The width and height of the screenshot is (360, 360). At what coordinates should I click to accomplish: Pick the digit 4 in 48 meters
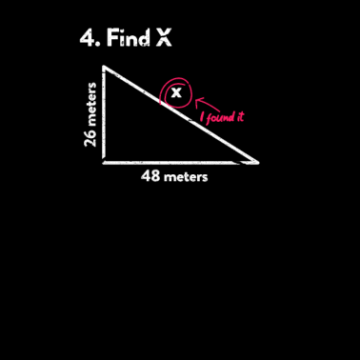coord(147,176)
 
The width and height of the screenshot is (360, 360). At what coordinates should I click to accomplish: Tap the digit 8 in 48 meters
coord(155,176)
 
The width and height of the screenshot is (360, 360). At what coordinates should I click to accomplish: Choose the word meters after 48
coord(185,176)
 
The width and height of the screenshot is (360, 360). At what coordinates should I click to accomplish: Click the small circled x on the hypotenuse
coord(175,92)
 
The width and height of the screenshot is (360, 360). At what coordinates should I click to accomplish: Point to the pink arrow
coord(204,102)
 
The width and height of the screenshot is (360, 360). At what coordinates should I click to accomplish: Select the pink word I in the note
coord(202,119)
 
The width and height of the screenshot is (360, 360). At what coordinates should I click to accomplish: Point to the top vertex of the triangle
coord(105,68)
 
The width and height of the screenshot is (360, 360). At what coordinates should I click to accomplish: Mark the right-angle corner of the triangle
coord(105,162)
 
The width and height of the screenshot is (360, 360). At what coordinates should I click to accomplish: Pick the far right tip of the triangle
coord(257,162)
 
